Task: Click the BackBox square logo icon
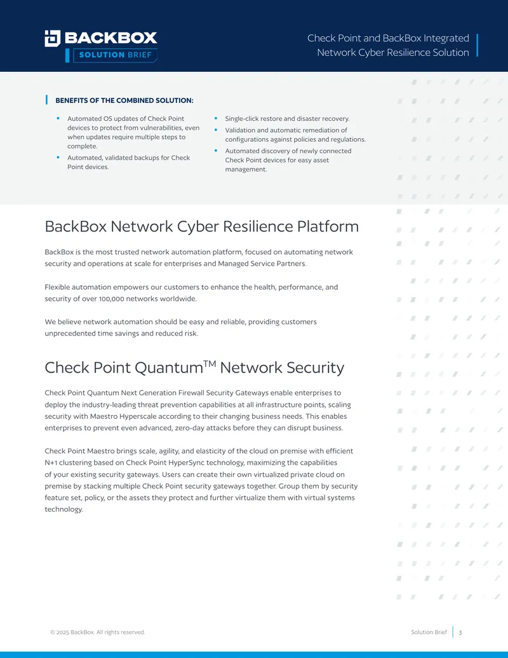tap(53, 38)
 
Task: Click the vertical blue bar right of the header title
tap(477, 45)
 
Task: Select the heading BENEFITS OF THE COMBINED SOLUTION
tap(124, 100)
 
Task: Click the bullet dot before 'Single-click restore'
tap(216, 118)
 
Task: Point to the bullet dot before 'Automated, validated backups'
tap(58, 158)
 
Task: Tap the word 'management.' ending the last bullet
tap(246, 170)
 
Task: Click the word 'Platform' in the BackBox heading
tap(328, 226)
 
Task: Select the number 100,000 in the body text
tap(112, 299)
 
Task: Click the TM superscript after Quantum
tap(210, 364)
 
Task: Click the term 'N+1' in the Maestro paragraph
tap(51, 462)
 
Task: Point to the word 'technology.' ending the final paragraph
tap(64, 509)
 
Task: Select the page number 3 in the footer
tap(460, 633)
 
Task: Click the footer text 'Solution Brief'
tap(429, 632)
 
